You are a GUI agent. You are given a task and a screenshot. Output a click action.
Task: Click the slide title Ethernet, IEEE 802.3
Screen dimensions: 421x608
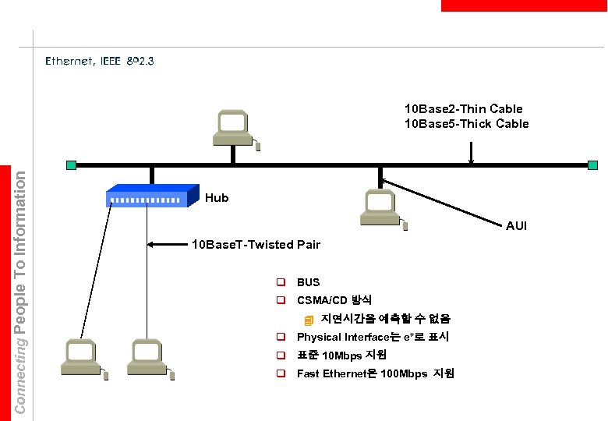pyautogui.click(x=100, y=60)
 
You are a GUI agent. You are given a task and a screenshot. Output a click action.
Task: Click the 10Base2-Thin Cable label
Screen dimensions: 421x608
pyautogui.click(x=463, y=108)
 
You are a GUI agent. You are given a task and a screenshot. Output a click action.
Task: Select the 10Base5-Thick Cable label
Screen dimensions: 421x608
pyautogui.click(x=466, y=123)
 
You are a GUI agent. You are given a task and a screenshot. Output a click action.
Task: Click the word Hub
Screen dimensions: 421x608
pyautogui.click(x=217, y=198)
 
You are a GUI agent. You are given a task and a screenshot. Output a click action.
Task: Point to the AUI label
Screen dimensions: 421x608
pyautogui.click(x=516, y=226)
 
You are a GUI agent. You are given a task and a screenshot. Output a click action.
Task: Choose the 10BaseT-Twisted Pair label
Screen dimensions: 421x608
pyautogui.click(x=256, y=245)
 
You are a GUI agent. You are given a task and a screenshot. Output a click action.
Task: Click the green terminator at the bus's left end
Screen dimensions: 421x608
pyautogui.click(x=72, y=165)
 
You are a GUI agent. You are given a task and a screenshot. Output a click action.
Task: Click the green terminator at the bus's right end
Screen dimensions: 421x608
pyautogui.click(x=593, y=165)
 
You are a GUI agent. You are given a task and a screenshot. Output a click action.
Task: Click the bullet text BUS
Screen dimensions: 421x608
pyautogui.click(x=308, y=282)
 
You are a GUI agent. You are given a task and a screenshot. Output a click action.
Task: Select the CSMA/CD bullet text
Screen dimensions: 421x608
pyautogui.click(x=334, y=300)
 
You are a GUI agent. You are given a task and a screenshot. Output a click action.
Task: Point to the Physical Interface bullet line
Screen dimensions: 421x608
pyautogui.click(x=373, y=338)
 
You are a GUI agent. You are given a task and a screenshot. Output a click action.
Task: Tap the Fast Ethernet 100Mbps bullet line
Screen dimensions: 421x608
pyautogui.click(x=375, y=374)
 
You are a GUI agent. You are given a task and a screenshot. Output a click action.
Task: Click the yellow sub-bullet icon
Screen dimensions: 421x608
pyautogui.click(x=309, y=320)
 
